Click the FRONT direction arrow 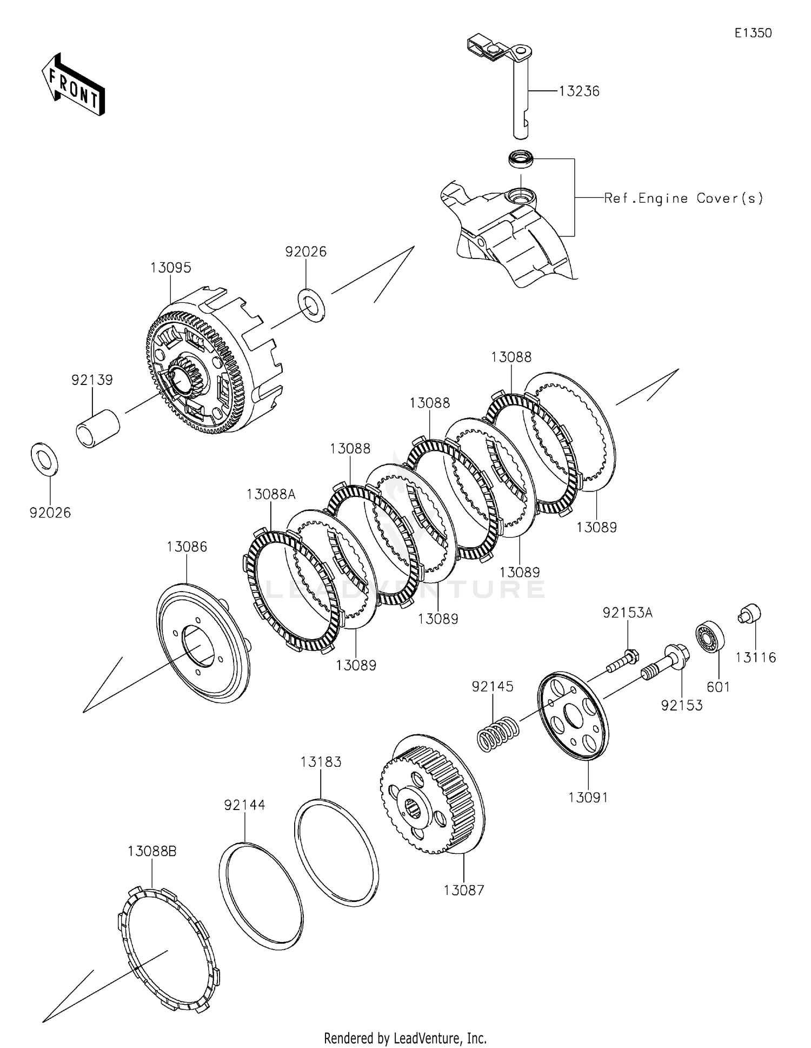72,84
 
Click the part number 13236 579,91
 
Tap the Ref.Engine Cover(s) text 683,198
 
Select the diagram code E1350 753,33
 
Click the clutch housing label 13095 171,268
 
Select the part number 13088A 271,494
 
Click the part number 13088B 152,851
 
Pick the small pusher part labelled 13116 749,614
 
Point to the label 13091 588,797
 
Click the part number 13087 464,890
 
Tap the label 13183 321,762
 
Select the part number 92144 245,805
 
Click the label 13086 187,547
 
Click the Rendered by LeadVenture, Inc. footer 405,1038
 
